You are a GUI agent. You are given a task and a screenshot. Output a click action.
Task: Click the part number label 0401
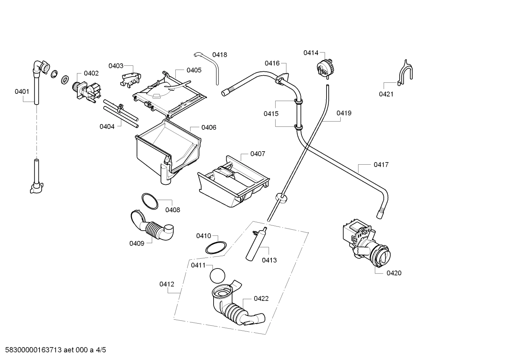tap(22, 92)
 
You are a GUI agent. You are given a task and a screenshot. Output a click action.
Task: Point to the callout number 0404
tap(107, 126)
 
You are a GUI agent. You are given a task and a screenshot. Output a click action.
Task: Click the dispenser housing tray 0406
tap(166, 148)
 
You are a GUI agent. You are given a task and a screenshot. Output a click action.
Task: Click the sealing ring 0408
tap(150, 201)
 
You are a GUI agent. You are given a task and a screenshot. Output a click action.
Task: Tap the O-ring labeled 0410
tap(216, 248)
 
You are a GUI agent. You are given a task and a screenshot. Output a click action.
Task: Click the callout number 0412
tap(167, 284)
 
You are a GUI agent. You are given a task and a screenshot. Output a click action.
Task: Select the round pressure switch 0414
tap(325, 67)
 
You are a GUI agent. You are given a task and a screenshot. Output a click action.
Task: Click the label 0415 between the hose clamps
tap(271, 114)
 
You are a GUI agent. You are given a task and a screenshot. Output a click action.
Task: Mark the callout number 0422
tap(261, 299)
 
